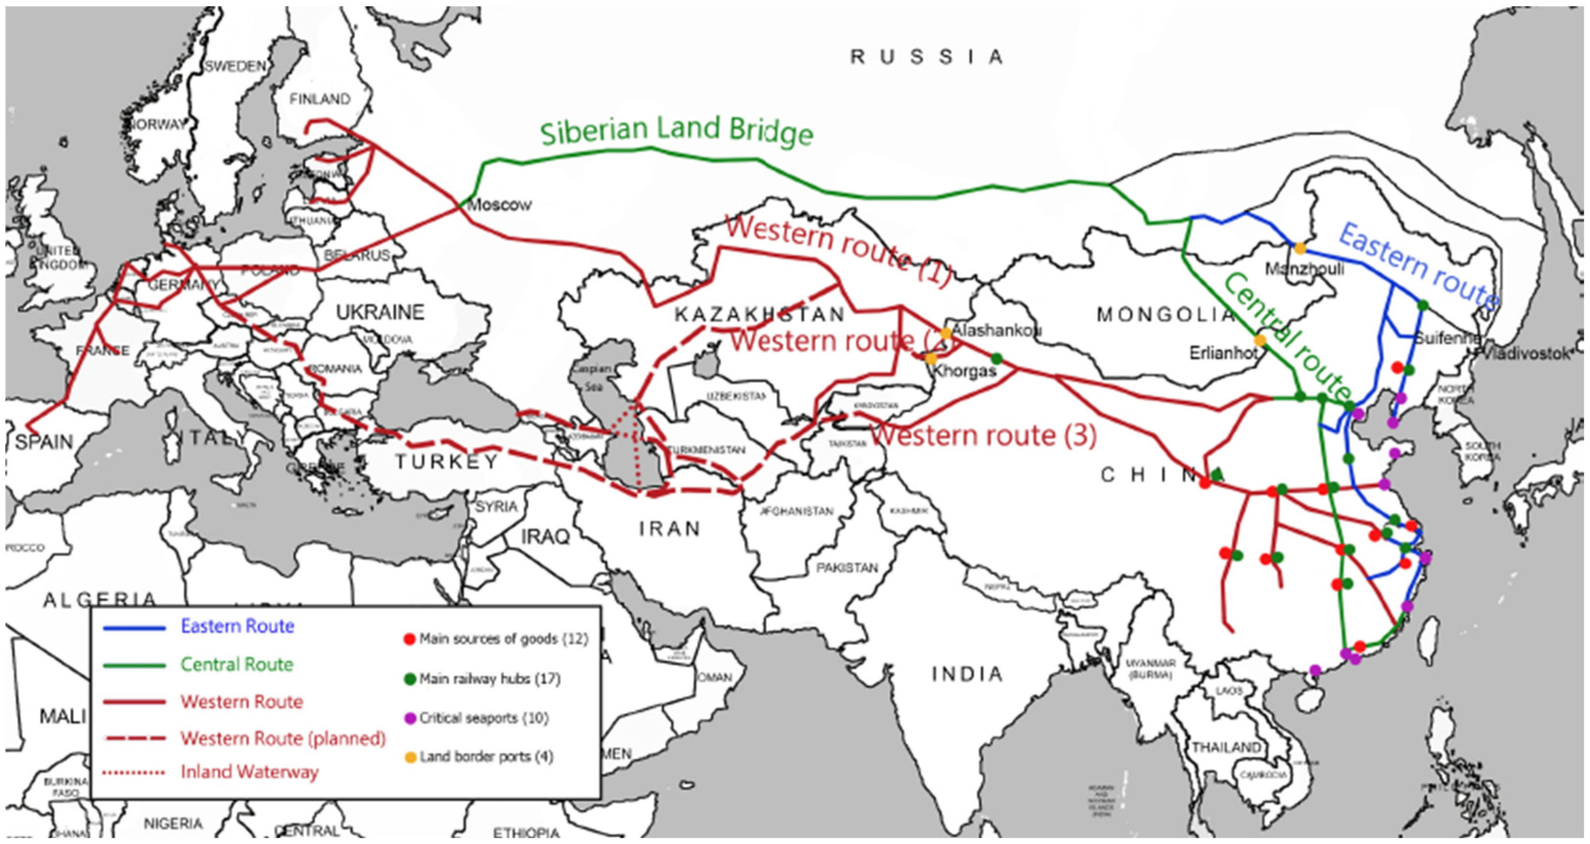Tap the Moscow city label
tap(499, 205)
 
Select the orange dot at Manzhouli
tap(1300, 249)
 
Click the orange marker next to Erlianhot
tap(1260, 340)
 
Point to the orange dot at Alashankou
tap(946, 334)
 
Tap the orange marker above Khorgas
tap(931, 358)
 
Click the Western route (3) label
tap(984, 436)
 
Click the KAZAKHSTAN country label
tap(759, 315)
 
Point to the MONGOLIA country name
tap(1164, 315)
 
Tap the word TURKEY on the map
tap(446, 462)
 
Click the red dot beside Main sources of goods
tap(409, 640)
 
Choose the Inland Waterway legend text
tap(249, 772)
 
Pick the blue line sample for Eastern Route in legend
tap(135, 628)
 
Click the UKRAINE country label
tap(380, 312)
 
